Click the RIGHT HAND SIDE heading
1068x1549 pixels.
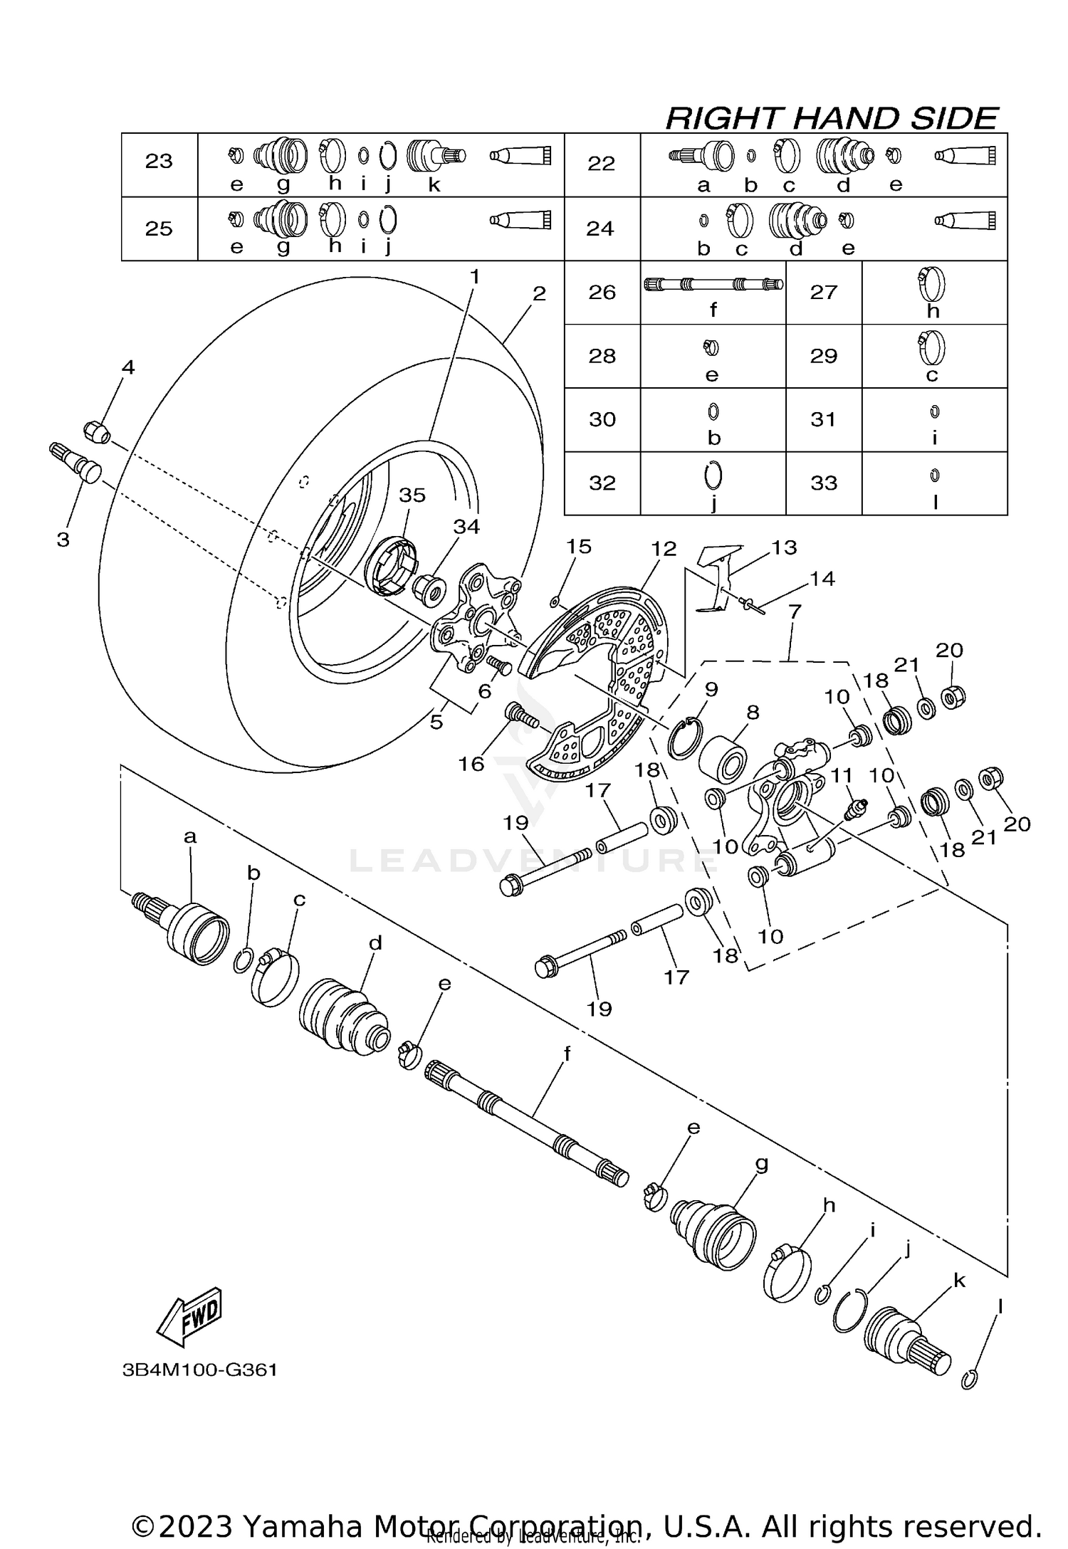pyautogui.click(x=831, y=118)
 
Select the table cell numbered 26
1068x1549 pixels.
pyautogui.click(x=602, y=293)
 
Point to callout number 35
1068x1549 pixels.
pyautogui.click(x=412, y=495)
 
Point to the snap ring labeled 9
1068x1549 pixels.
pyautogui.click(x=684, y=740)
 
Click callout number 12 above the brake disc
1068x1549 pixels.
pyautogui.click(x=663, y=549)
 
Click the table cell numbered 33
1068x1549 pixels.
pyautogui.click(x=823, y=483)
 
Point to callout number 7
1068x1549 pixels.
pyautogui.click(x=795, y=611)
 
